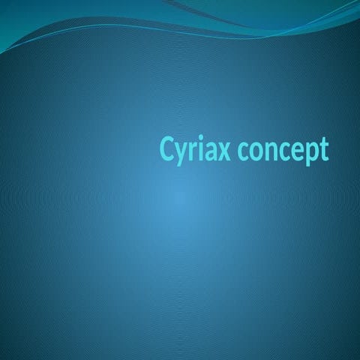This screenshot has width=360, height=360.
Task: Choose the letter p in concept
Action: [307, 153]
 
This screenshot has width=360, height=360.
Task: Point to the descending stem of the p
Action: [303, 164]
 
